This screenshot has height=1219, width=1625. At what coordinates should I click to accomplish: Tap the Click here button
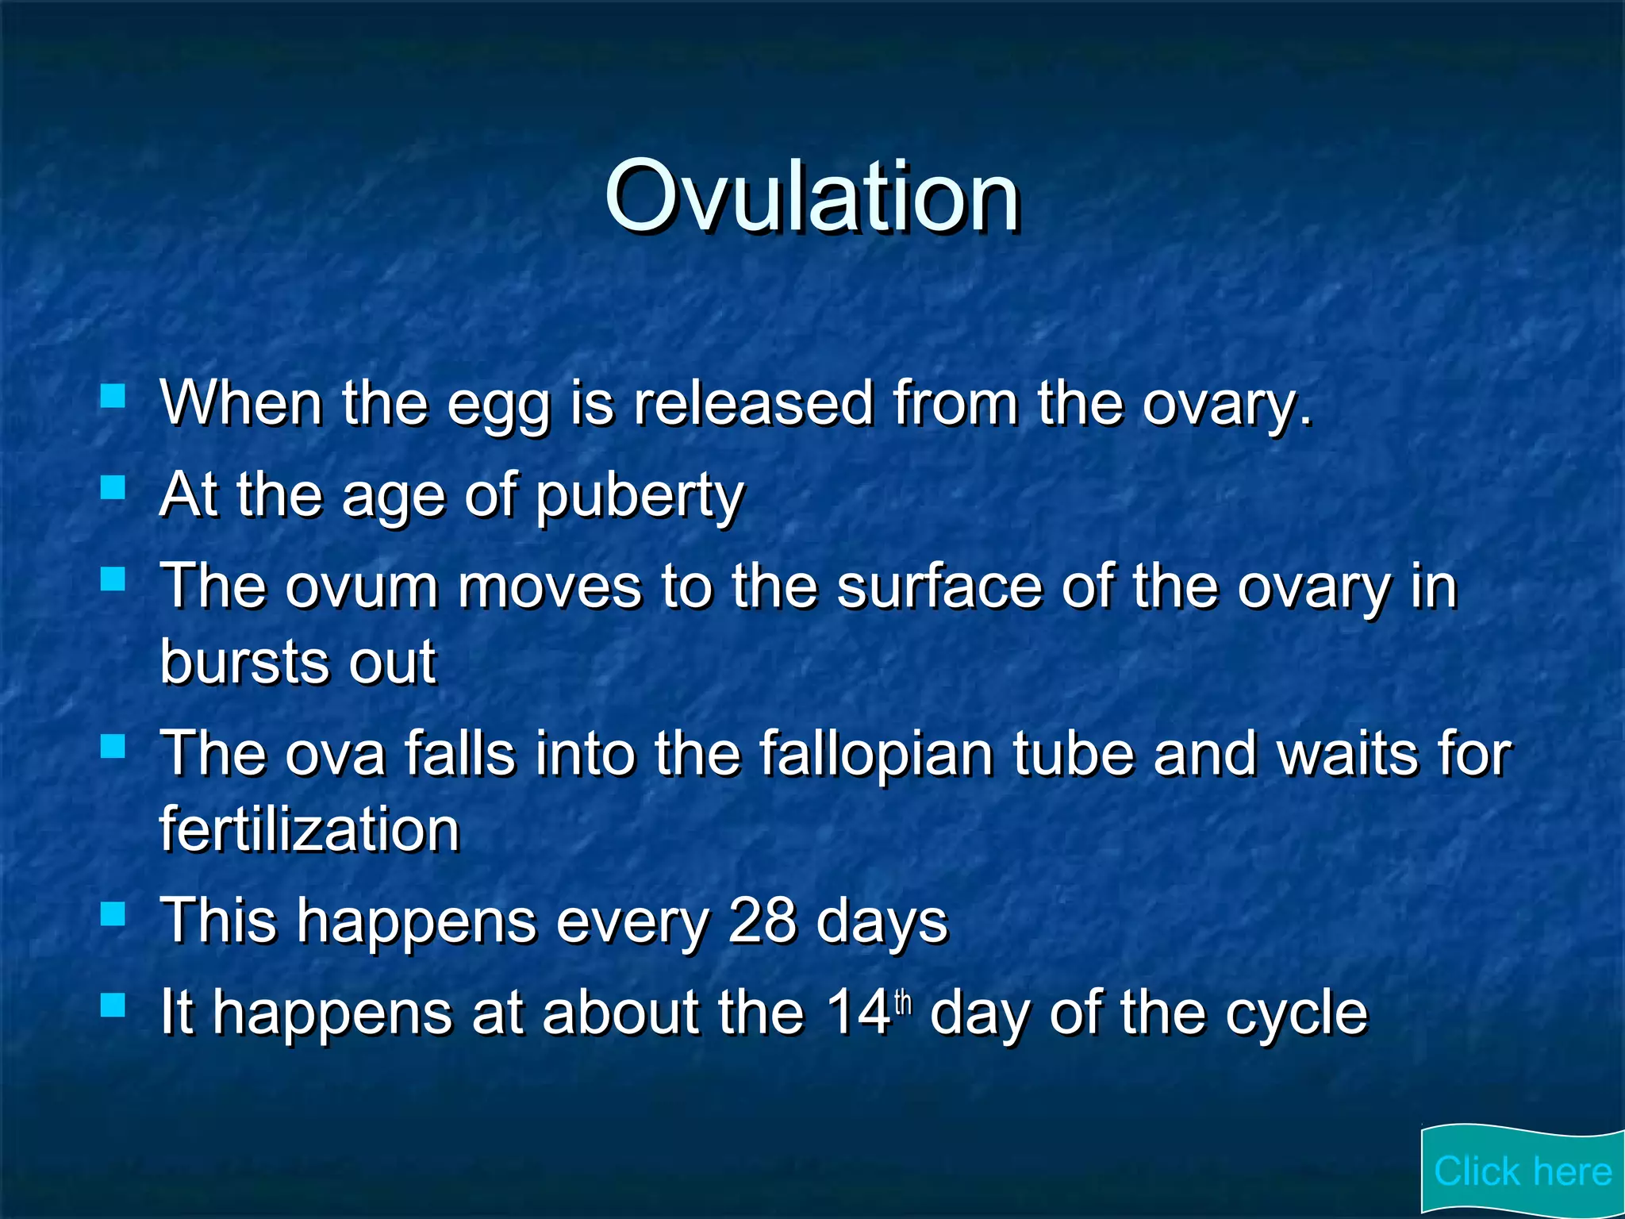tap(1522, 1171)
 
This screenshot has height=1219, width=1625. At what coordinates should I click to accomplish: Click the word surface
tap(939, 587)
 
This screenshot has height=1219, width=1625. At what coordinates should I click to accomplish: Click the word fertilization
tap(309, 829)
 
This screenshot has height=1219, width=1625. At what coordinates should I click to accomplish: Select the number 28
tap(762, 921)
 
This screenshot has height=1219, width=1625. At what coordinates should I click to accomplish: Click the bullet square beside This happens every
tap(113, 914)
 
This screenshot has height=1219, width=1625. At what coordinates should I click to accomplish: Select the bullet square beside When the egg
tap(113, 395)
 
